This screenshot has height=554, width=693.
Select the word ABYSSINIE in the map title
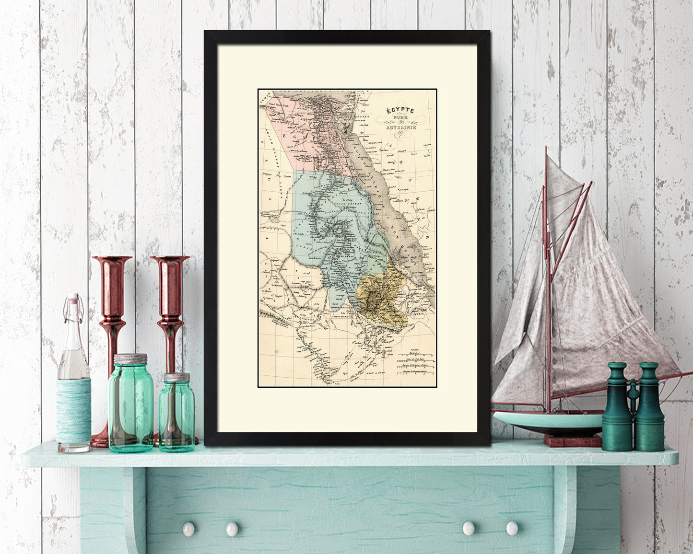401,127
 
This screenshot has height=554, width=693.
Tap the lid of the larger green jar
130,358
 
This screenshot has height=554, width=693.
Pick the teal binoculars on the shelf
633,407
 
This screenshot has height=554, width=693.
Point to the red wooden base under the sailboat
572,440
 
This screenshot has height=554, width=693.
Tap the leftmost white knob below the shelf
188,529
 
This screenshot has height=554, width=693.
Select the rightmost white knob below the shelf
512,528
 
